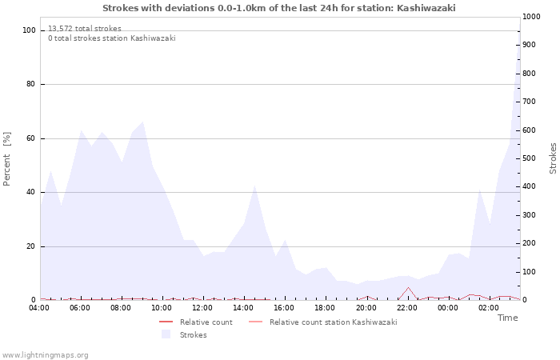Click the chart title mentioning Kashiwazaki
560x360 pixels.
(x=279, y=7)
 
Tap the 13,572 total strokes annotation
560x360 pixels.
(x=85, y=28)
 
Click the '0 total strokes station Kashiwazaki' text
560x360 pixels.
(x=111, y=38)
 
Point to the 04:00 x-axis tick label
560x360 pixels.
(x=39, y=307)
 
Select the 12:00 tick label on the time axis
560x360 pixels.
(x=202, y=307)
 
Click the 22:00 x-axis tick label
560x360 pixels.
(x=406, y=307)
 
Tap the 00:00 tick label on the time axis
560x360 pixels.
(x=447, y=307)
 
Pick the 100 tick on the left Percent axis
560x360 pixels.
(x=30, y=30)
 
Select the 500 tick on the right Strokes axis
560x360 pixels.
(x=529, y=158)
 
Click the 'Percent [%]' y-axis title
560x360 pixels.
(x=7, y=158)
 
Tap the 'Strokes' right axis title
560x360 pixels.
(x=553, y=158)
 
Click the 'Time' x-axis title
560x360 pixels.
(x=507, y=318)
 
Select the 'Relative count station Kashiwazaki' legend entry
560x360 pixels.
(x=333, y=322)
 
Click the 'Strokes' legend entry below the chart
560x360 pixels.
(x=193, y=335)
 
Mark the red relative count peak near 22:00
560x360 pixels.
(x=408, y=287)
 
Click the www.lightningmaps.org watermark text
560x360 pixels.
(x=45, y=354)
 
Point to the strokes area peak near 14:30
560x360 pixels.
(x=254, y=186)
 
